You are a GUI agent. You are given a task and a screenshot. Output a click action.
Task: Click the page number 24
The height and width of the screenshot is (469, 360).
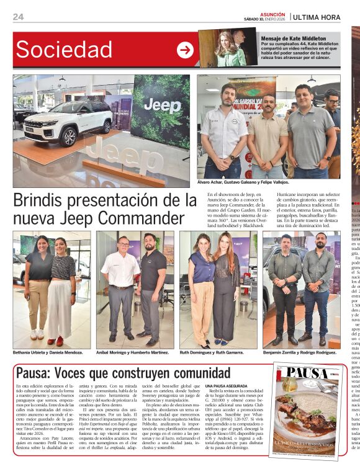tap(18, 17)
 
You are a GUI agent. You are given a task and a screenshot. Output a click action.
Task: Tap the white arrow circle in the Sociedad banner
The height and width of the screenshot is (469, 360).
tap(185, 50)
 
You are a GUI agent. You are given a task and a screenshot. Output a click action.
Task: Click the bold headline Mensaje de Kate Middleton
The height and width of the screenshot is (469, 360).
tap(290, 38)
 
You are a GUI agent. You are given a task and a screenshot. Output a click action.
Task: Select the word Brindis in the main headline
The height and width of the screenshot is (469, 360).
tap(42, 200)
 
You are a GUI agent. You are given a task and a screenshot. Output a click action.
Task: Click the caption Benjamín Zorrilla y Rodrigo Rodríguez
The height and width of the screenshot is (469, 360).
tap(300, 352)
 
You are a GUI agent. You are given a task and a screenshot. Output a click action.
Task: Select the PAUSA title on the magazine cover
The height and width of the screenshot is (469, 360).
tap(305, 374)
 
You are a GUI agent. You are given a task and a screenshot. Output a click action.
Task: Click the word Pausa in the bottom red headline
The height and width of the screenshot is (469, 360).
tap(32, 373)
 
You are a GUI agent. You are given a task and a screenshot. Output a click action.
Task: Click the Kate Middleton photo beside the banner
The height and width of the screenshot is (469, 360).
tap(228, 48)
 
